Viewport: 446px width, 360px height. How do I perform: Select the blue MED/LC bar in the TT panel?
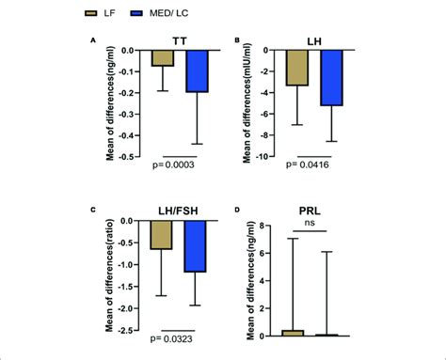[x=197, y=70]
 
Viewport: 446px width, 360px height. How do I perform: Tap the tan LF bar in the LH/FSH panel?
[x=162, y=234]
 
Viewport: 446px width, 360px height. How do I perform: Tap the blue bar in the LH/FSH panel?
[x=195, y=245]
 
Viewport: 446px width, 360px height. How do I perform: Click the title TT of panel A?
[x=180, y=40]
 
